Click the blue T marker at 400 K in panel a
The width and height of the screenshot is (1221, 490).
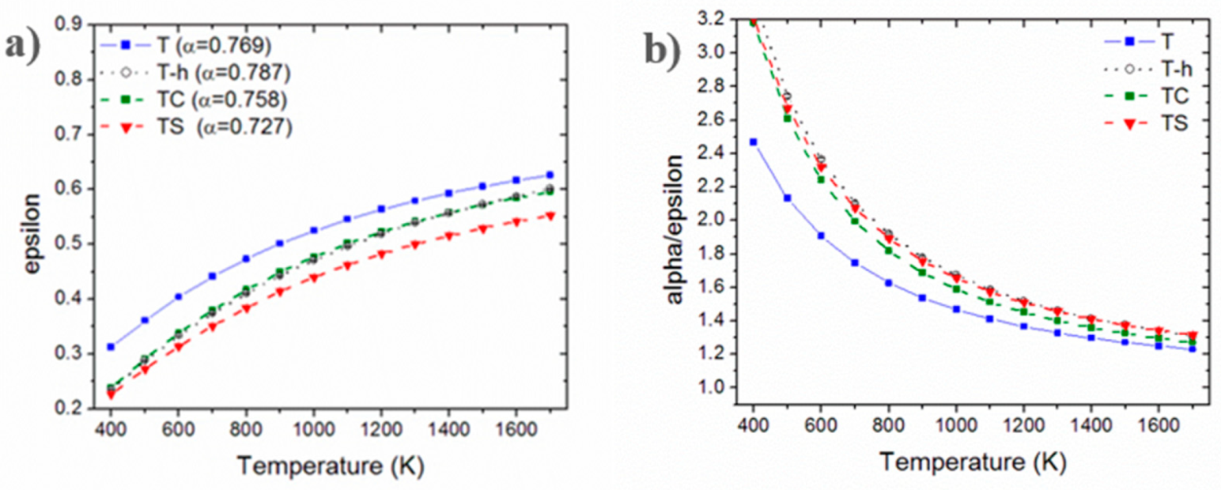tap(111, 346)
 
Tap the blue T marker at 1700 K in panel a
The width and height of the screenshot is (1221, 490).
tap(550, 175)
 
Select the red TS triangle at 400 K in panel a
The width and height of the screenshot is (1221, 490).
tap(111, 394)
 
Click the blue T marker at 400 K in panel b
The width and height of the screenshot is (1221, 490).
tap(754, 141)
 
